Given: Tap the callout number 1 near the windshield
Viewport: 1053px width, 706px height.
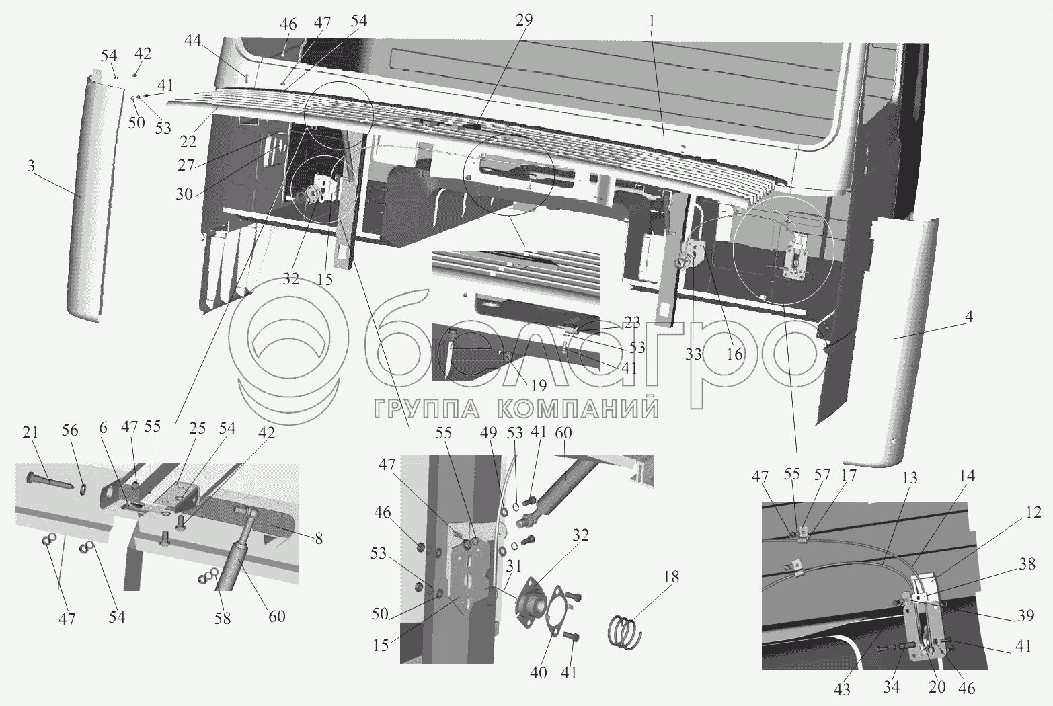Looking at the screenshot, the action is pyautogui.click(x=651, y=21).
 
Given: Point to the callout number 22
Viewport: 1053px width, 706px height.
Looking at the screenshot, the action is pyautogui.click(x=188, y=141).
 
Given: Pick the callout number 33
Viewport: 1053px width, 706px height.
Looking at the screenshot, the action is pyautogui.click(x=694, y=354).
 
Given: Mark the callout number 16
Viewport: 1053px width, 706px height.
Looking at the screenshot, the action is pyautogui.click(x=734, y=354).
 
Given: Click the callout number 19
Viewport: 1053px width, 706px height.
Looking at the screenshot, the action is pyautogui.click(x=539, y=385).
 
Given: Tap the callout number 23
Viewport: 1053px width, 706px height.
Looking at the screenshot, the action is pyautogui.click(x=632, y=323).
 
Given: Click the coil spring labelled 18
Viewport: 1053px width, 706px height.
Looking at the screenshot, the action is pyautogui.click(x=625, y=631).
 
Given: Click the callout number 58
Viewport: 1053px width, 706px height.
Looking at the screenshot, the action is pyautogui.click(x=223, y=619).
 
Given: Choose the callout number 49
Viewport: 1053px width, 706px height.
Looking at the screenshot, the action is pyautogui.click(x=489, y=432).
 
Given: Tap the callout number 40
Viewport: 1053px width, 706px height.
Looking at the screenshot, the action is pyautogui.click(x=538, y=672).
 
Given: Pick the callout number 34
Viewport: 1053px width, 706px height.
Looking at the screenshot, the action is pyautogui.click(x=892, y=687).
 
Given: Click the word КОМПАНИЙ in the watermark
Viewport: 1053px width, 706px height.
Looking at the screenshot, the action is pyautogui.click(x=578, y=408).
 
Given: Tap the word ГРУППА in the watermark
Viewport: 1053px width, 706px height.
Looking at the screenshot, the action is pyautogui.click(x=427, y=408).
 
